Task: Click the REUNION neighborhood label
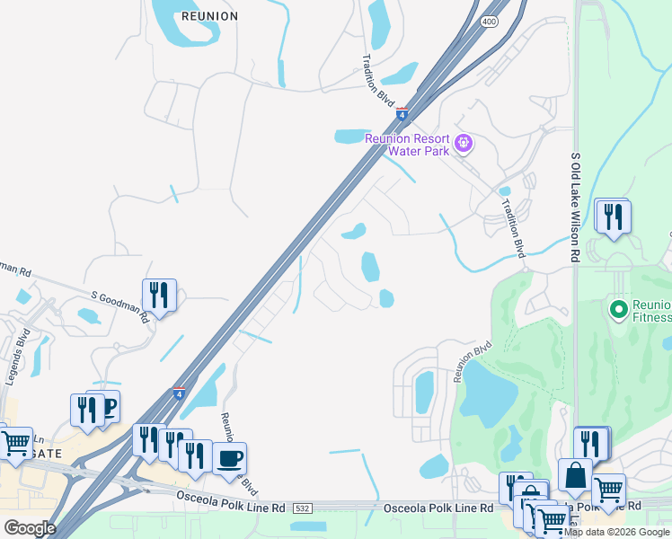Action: coord(209,16)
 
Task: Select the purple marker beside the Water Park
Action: coord(464,142)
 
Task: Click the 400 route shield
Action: coord(489,21)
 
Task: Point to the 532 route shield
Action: coord(301,508)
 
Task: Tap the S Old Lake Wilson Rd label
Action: coord(575,207)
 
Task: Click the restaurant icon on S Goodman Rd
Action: coord(159,295)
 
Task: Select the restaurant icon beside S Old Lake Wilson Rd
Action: coord(613,216)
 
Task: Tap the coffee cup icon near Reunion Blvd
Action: coord(229,458)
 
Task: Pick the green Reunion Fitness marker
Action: coord(618,310)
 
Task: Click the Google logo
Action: coord(29,528)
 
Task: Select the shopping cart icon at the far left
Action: coord(15,444)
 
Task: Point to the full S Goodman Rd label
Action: coord(118,305)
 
